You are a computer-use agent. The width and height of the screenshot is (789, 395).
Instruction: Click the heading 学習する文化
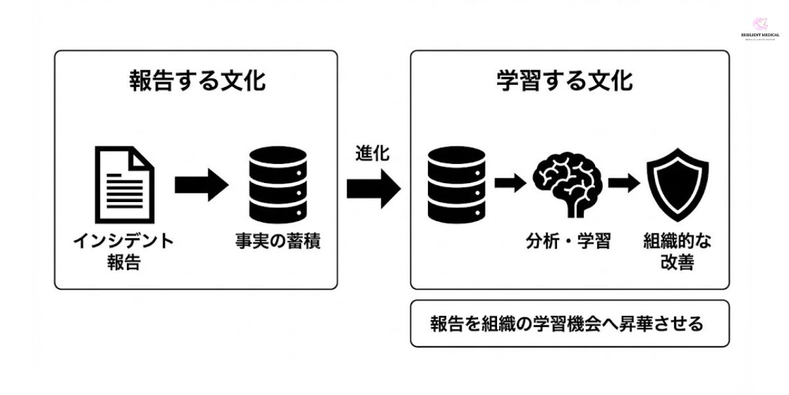click(x=564, y=81)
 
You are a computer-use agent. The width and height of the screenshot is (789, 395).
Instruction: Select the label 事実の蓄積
click(x=279, y=242)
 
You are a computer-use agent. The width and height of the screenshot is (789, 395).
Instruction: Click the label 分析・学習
click(x=568, y=242)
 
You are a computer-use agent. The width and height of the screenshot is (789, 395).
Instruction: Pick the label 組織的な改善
click(x=677, y=251)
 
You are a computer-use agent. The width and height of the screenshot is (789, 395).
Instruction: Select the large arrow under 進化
click(x=373, y=187)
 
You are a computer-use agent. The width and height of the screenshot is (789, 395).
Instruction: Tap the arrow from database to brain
click(x=510, y=184)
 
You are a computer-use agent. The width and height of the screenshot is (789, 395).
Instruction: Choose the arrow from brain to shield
click(x=623, y=184)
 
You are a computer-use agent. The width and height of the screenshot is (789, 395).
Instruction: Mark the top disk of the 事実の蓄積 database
click(x=279, y=158)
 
